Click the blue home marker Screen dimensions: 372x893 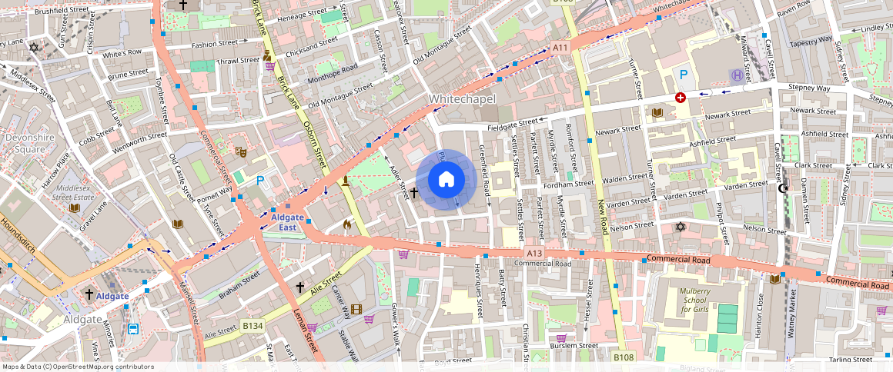click(x=446, y=180)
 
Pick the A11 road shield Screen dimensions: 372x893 click(x=560, y=48)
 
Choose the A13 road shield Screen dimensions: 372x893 click(x=535, y=253)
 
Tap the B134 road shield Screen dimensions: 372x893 click(x=253, y=325)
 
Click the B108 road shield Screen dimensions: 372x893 click(x=622, y=357)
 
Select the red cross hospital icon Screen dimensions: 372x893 click(x=680, y=98)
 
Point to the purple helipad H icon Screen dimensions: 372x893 click(x=737, y=75)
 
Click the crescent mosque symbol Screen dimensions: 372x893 click(x=784, y=188)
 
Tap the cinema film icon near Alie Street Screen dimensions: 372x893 click(x=355, y=310)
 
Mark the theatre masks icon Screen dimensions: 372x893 click(x=240, y=152)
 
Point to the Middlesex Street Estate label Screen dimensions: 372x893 click(x=74, y=193)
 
